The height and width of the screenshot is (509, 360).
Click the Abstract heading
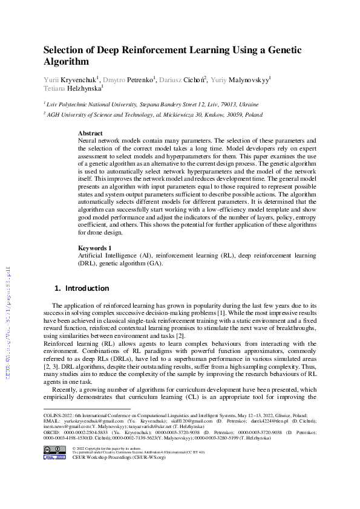click(90, 133)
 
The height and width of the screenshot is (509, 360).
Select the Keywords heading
click(94, 248)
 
